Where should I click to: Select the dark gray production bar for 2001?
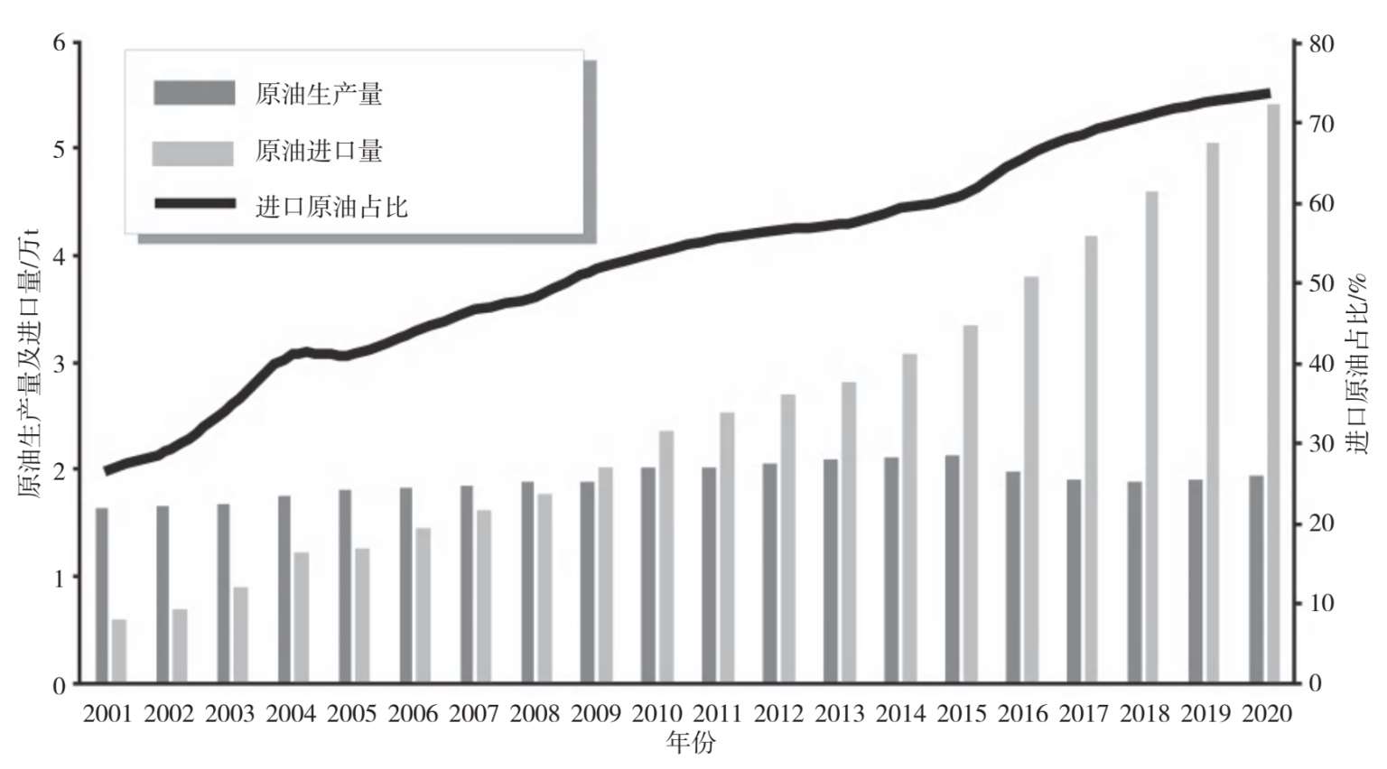102,596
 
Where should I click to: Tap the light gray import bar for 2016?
1030,479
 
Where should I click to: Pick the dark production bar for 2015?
953,569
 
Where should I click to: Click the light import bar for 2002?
180,645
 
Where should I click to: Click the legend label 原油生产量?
319,94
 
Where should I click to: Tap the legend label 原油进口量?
319,151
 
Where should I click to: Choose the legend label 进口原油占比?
331,207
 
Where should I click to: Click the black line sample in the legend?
194,204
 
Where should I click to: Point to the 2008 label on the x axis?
535,714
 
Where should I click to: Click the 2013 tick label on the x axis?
840,714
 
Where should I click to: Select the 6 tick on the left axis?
60,43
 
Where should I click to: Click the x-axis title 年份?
691,743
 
